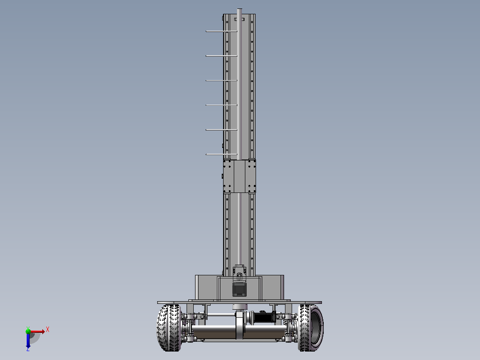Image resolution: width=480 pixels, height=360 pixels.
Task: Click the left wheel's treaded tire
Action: pos(169,327)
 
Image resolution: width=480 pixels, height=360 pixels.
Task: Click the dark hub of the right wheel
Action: pos(317,327)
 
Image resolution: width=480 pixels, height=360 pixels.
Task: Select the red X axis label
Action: pos(48,330)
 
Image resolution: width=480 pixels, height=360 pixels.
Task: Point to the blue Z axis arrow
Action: pos(28,341)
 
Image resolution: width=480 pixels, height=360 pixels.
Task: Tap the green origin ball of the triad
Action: pos(28,331)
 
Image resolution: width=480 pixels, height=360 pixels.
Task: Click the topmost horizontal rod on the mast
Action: pos(221,31)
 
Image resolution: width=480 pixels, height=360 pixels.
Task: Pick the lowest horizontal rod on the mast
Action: pos(221,155)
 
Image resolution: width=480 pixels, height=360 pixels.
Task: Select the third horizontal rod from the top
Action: pos(221,81)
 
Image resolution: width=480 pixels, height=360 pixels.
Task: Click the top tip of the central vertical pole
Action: pos(240,8)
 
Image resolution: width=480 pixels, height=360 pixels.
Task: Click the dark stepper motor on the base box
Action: pos(240,290)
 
